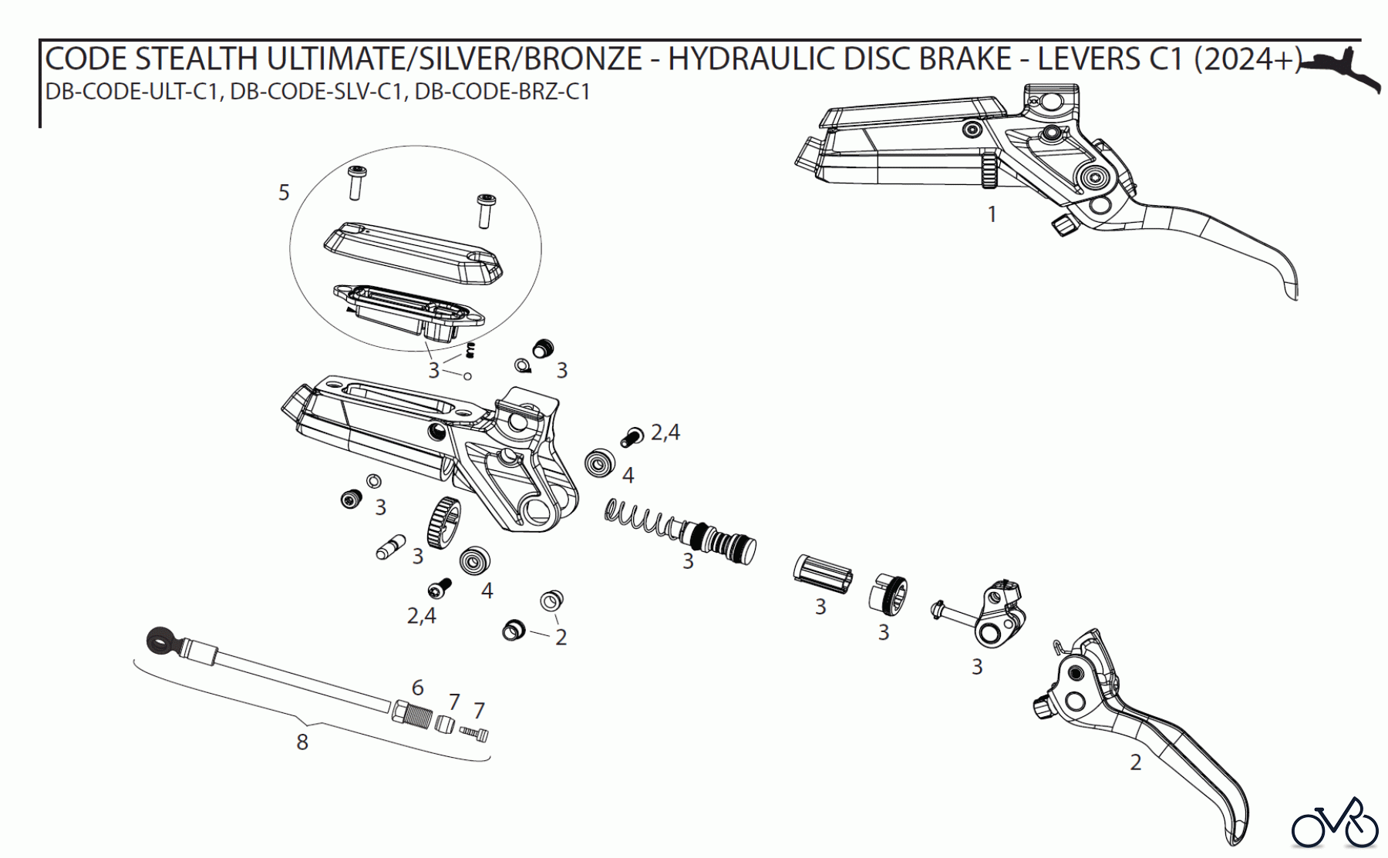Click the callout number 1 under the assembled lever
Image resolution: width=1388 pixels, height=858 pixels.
[992, 214]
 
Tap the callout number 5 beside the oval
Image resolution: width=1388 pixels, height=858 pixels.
[284, 192]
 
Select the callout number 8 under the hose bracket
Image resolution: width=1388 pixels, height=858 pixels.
[302, 742]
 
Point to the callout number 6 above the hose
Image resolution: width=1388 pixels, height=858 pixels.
[418, 687]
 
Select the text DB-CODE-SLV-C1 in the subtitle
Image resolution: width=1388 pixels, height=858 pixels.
[318, 92]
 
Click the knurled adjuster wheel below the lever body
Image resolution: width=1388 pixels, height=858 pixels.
[442, 523]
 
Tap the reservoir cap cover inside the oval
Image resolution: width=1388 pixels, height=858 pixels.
[413, 250]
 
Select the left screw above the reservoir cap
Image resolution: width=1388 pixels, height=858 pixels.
[355, 182]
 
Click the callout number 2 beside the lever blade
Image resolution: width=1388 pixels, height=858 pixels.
[1135, 762]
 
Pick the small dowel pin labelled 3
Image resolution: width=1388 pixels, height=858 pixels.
[390, 547]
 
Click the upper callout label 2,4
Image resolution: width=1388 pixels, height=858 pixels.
[665, 432]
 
